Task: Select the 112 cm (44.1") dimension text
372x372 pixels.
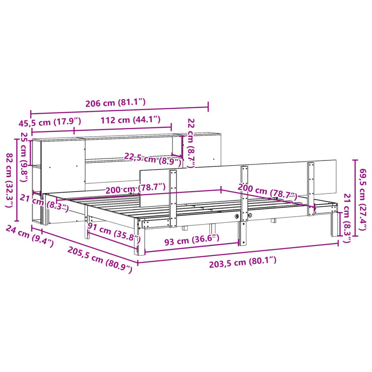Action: pyautogui.click(x=130, y=120)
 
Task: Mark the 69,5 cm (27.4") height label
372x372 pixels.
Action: pyautogui.click(x=363, y=197)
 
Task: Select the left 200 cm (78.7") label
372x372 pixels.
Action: pyautogui.click(x=135, y=188)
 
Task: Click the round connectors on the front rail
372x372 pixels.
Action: pyautogui.click(x=243, y=217)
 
